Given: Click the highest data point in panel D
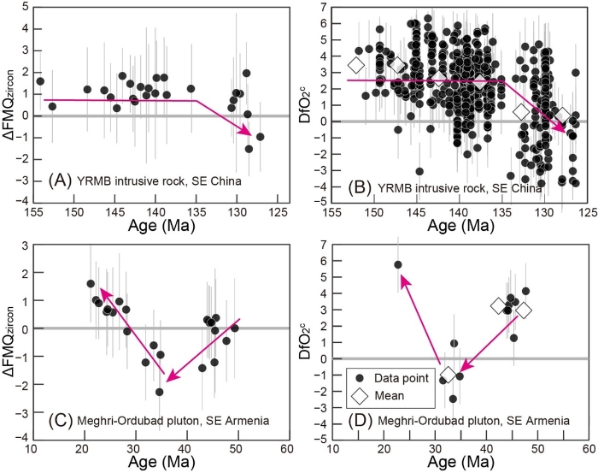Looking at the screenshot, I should point(398,265).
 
